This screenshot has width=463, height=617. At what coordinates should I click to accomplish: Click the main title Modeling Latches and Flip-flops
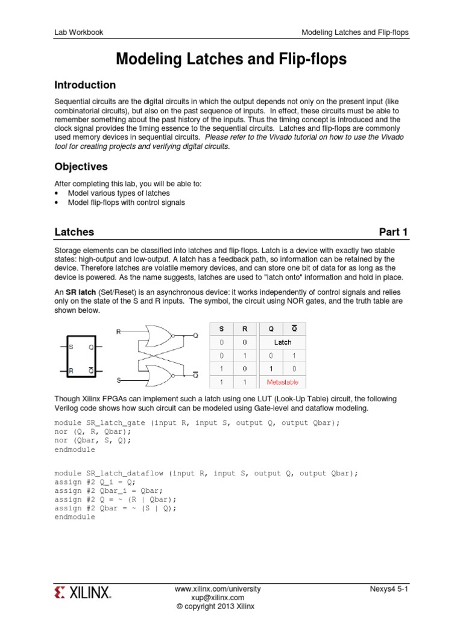(231, 59)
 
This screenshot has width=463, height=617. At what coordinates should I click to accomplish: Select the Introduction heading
(85, 85)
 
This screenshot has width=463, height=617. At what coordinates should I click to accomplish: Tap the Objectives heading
(81, 166)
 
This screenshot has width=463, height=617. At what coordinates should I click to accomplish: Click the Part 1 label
(393, 232)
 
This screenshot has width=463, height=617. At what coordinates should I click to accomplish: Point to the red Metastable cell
(283, 382)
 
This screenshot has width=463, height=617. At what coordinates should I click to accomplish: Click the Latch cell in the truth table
(283, 342)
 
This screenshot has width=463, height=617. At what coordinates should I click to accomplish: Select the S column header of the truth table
(221, 329)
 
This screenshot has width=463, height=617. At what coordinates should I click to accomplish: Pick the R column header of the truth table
(245, 329)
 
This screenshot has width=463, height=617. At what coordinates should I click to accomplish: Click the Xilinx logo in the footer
(83, 593)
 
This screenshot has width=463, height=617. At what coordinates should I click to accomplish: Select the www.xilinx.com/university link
(218, 588)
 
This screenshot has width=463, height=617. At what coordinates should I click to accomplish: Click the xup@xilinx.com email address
(218, 597)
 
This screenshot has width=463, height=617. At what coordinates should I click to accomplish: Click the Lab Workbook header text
(78, 32)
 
